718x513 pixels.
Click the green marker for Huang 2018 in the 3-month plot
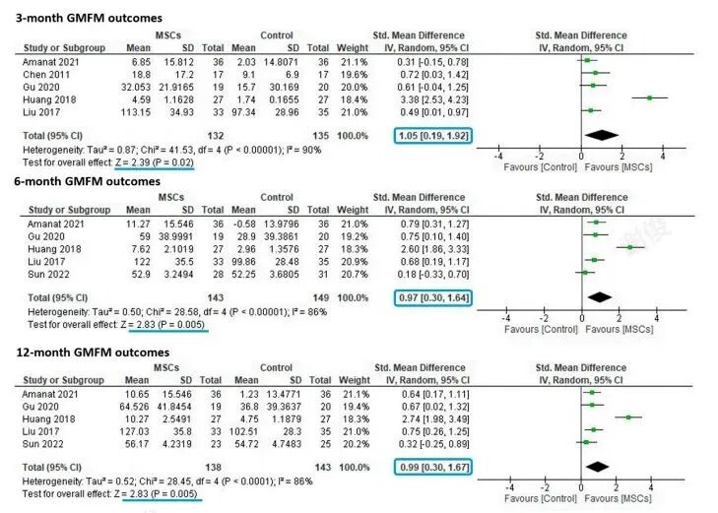tap(650, 97)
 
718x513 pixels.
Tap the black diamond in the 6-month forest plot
tap(600, 295)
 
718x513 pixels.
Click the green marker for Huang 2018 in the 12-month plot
tap(628, 417)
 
